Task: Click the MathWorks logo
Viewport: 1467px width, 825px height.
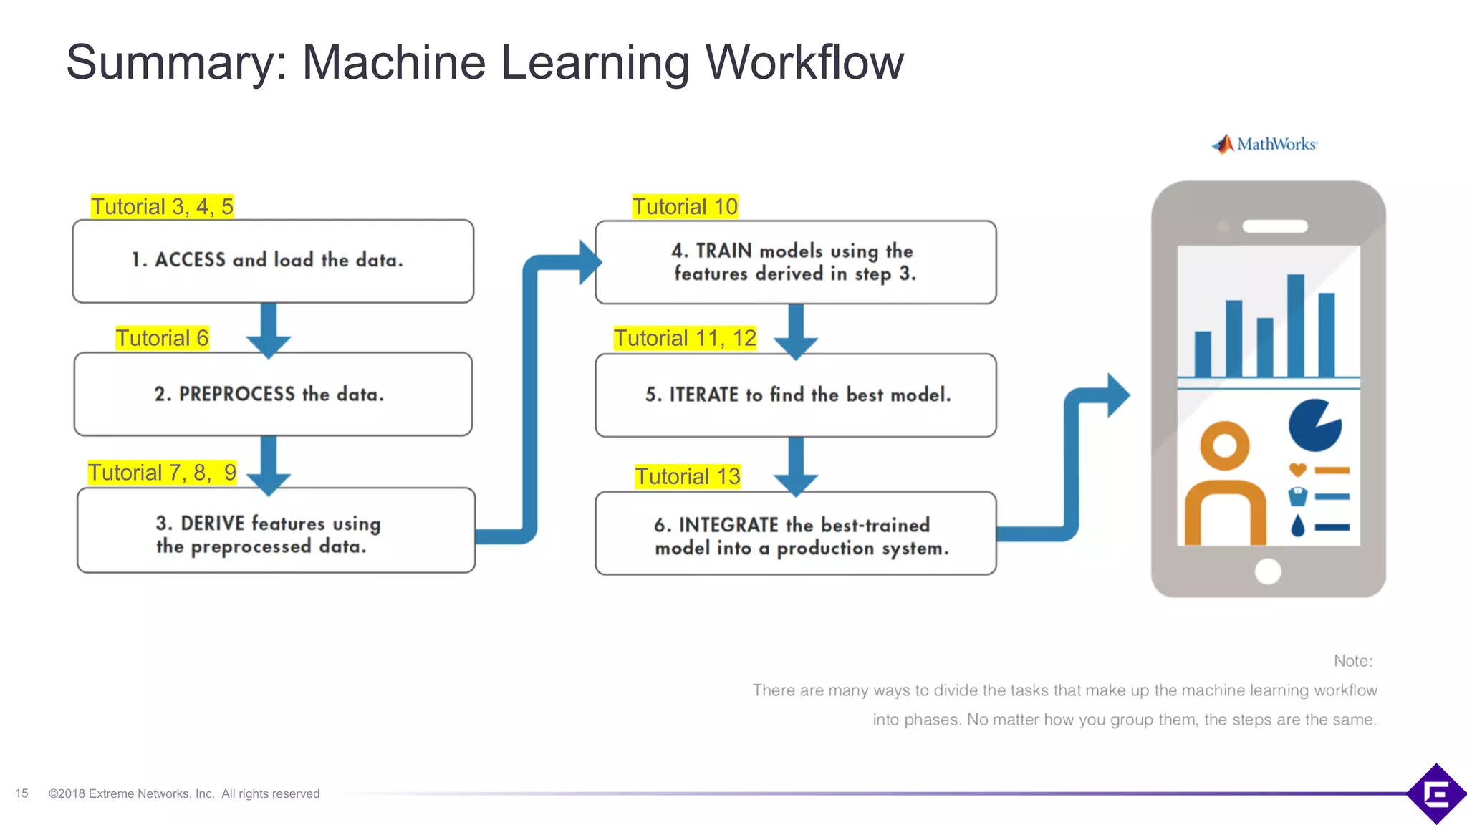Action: [1264, 144]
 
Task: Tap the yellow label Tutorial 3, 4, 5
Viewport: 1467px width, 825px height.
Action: [162, 206]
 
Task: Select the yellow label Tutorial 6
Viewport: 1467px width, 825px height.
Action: [162, 338]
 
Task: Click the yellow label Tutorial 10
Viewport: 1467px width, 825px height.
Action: [685, 206]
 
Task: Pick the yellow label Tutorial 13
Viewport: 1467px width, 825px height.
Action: [688, 476]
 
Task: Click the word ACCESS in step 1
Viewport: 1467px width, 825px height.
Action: [190, 259]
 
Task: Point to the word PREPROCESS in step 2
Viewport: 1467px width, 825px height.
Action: [236, 394]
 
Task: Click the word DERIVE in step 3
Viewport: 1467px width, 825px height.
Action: [213, 524]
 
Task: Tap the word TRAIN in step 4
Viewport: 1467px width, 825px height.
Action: [723, 251]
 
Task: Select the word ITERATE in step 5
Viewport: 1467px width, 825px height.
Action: [703, 395]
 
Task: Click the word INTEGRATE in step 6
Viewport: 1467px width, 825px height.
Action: [728, 525]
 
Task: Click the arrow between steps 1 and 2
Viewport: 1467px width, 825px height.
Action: [269, 329]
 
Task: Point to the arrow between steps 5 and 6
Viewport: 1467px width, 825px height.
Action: [796, 465]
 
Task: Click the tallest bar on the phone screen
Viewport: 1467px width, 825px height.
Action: [1295, 326]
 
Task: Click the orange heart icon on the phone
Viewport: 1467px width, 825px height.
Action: [1297, 470]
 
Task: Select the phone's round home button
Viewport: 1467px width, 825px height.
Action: [1268, 571]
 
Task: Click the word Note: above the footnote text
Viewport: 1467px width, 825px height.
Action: [1352, 661]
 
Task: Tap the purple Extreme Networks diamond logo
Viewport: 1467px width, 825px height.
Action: [1436, 793]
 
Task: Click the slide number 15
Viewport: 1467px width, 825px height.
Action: [21, 793]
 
